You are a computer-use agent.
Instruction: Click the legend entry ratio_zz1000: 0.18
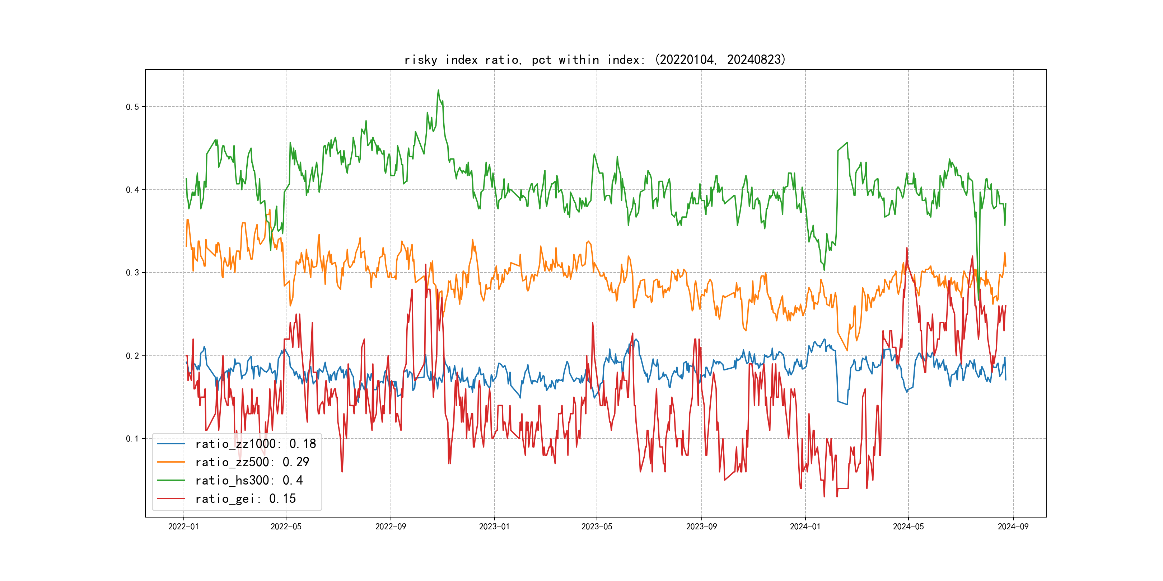255,444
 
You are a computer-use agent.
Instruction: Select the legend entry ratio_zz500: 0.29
252,462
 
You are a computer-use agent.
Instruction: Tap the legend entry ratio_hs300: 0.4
249,481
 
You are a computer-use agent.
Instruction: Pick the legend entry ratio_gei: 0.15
245,499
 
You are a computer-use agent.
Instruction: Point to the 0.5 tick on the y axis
132,107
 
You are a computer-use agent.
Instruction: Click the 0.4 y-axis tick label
132,190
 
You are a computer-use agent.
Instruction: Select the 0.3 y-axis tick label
132,273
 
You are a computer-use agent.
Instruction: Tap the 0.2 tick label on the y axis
132,356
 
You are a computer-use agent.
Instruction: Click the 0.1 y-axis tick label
132,439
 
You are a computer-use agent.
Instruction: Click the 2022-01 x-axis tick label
183,526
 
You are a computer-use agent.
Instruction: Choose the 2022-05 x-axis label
286,526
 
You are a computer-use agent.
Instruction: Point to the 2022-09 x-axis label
391,526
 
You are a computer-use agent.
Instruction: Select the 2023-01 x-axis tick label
494,526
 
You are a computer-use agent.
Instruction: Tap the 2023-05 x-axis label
597,526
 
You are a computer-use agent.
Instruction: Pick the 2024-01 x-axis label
805,526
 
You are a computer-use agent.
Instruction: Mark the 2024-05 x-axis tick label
909,526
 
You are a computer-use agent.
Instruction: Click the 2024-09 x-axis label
1013,526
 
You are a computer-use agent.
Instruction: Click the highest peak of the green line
438,90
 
